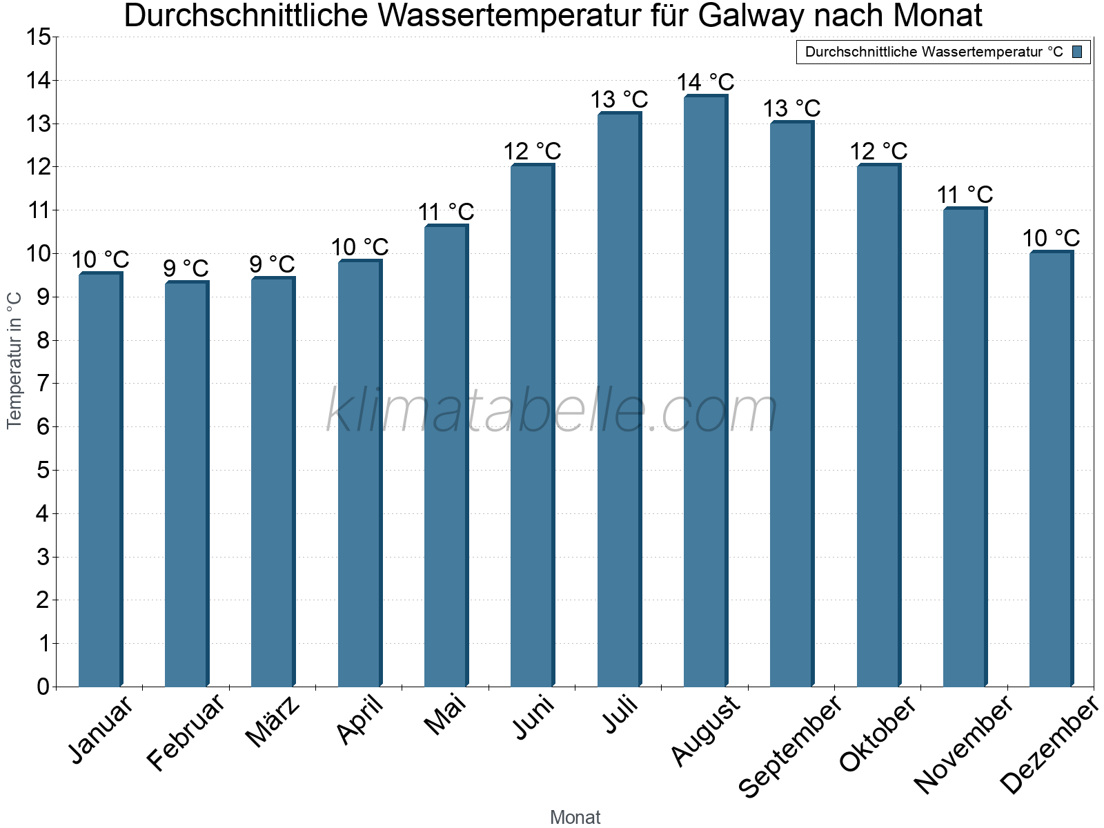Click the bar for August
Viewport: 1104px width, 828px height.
click(705, 391)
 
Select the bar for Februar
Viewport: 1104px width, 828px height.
click(186, 484)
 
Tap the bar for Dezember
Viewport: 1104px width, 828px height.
click(1051, 469)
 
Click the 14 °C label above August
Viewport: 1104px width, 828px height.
click(705, 83)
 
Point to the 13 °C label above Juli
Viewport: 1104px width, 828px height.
click(619, 100)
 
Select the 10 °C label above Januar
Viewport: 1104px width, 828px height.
click(100, 260)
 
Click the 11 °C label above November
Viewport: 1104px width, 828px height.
click(965, 195)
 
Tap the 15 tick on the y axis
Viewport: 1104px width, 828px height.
click(39, 37)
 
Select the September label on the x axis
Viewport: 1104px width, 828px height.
click(791, 745)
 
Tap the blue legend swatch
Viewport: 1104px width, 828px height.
click(1077, 52)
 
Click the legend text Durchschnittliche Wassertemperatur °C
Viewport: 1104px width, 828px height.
click(934, 52)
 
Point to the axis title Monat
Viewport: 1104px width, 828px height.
click(575, 818)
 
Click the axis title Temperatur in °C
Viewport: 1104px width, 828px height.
click(14, 360)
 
